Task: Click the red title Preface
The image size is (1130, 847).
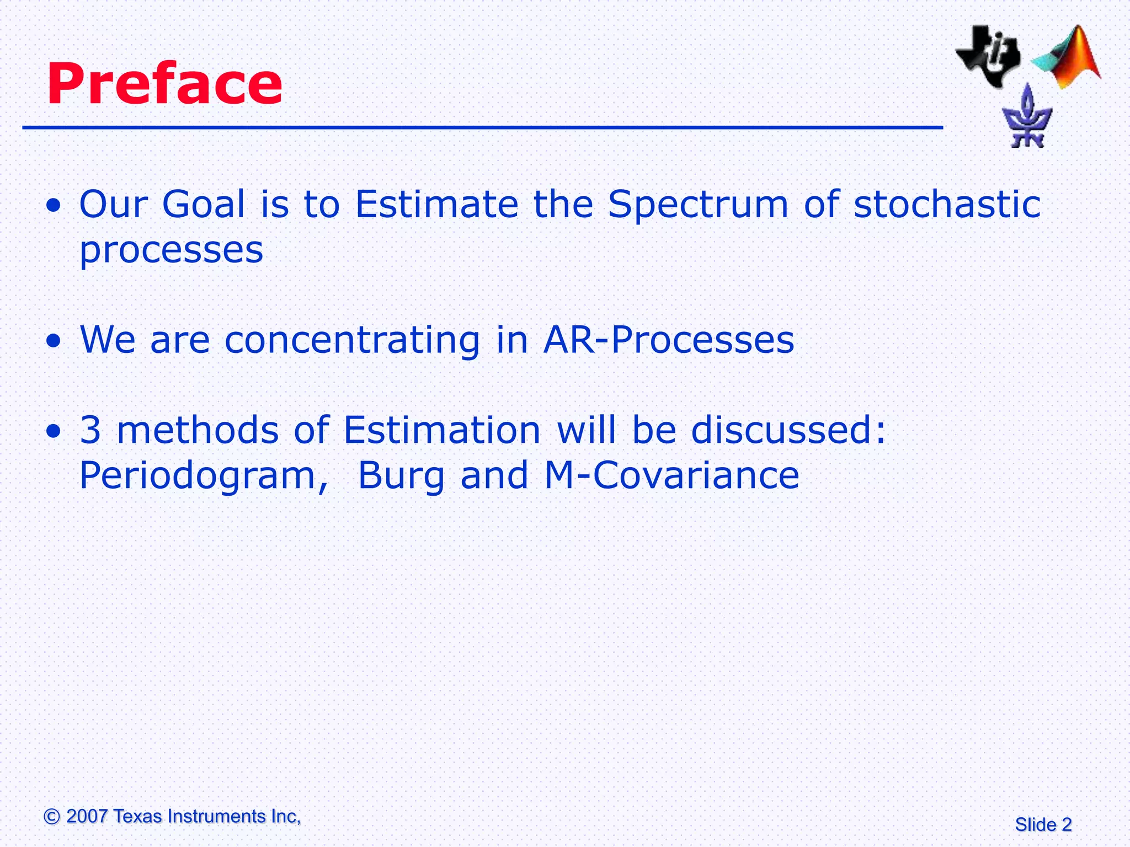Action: click(x=164, y=84)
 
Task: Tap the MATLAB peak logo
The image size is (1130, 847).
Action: click(x=1068, y=58)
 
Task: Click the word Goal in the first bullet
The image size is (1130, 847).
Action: click(x=203, y=205)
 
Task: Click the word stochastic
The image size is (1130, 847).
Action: click(x=947, y=205)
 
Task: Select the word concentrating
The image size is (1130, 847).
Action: click(x=352, y=340)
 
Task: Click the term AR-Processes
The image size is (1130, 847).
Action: click(x=669, y=340)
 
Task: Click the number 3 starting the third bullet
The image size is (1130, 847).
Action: click(x=90, y=430)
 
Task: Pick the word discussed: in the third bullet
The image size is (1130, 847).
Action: click(x=788, y=430)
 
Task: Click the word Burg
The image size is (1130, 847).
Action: click(x=401, y=476)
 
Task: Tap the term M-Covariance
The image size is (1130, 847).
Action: click(x=671, y=475)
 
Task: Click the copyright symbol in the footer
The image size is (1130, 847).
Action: click(x=52, y=817)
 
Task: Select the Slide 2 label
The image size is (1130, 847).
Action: click(x=1043, y=825)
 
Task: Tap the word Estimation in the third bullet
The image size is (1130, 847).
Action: click(x=442, y=430)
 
